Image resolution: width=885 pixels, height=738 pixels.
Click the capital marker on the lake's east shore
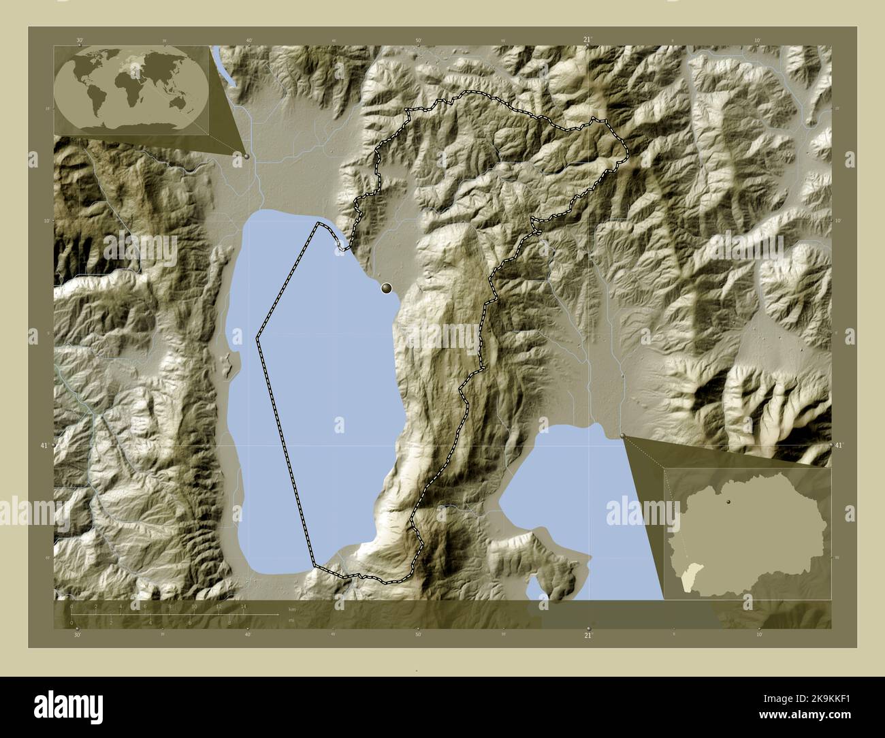click(x=387, y=289)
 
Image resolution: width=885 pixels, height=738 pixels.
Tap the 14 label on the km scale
click(x=243, y=606)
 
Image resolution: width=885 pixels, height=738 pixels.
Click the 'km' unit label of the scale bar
click(x=292, y=609)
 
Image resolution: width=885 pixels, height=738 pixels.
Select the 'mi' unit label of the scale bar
click(x=291, y=621)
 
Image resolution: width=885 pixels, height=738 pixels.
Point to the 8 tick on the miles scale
click(x=229, y=622)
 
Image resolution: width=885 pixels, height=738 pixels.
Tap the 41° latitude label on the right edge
click(x=839, y=445)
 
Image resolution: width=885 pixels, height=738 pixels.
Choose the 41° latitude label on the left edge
click(x=44, y=445)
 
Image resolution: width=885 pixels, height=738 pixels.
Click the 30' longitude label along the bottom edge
click(x=78, y=635)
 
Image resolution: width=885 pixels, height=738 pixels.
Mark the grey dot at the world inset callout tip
click(x=246, y=156)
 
